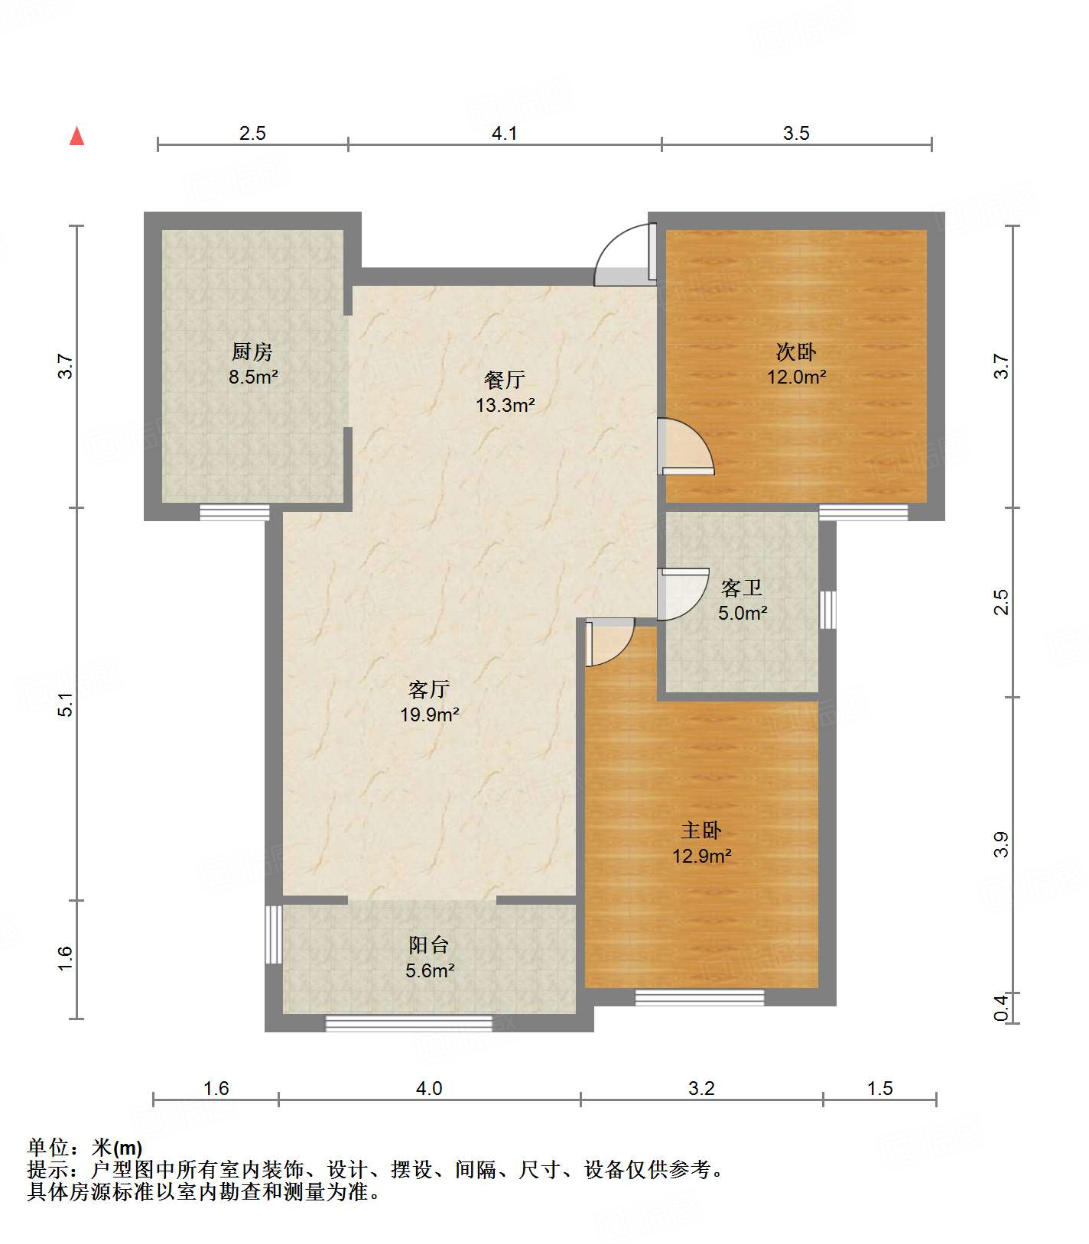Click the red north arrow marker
click(x=76, y=136)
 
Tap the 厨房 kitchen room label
click(x=252, y=351)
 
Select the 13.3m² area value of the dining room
click(x=505, y=405)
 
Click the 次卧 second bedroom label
click(x=796, y=351)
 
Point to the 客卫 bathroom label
click(x=742, y=588)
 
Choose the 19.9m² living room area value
click(x=429, y=714)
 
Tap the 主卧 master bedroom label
click(x=701, y=831)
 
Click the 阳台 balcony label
click(x=428, y=945)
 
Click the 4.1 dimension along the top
click(x=504, y=133)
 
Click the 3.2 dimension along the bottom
click(x=701, y=1088)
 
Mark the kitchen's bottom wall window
click(x=235, y=513)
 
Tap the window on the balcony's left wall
click(x=274, y=935)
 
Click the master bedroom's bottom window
click(x=700, y=997)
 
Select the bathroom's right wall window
click(x=827, y=610)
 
